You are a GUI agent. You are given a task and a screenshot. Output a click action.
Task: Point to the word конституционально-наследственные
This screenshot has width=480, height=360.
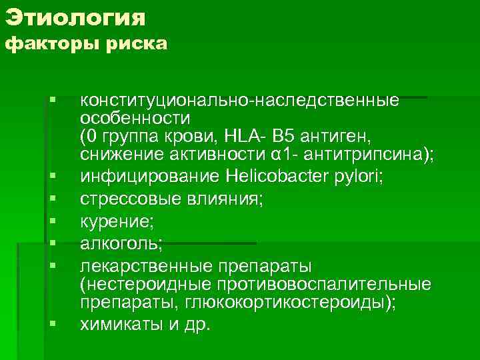click(x=240, y=101)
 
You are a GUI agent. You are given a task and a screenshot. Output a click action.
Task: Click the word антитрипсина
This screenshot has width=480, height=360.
click(x=368, y=155)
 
